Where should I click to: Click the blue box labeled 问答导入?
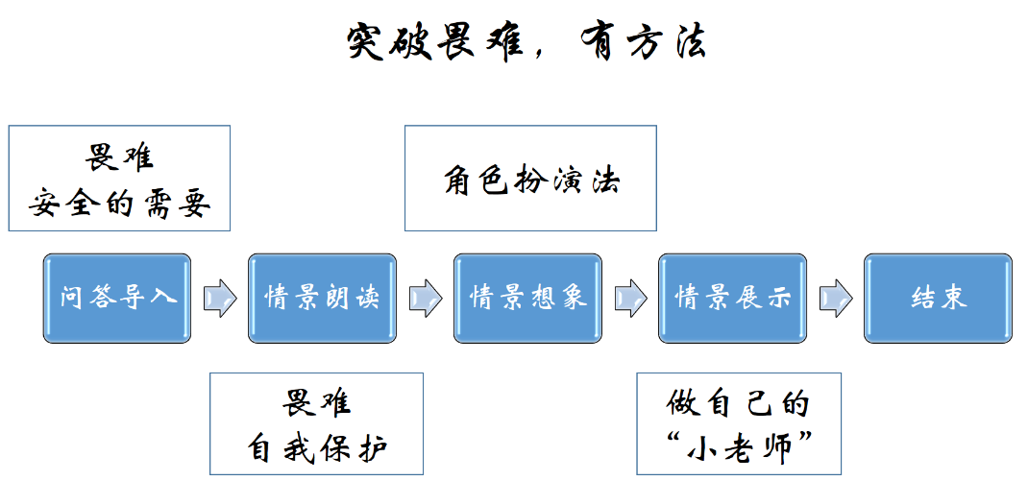117,298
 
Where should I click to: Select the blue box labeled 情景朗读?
322,298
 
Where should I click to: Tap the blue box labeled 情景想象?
527,298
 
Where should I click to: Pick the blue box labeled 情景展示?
732,298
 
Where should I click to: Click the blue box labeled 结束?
938,298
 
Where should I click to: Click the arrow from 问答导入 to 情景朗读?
220,298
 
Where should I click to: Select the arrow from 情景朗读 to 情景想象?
425,298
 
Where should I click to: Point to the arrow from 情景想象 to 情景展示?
630,298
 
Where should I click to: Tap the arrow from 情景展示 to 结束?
836,298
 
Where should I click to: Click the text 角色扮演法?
531,180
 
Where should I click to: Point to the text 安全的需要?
120,203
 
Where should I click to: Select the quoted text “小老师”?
739,447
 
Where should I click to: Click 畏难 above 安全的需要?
120,157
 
